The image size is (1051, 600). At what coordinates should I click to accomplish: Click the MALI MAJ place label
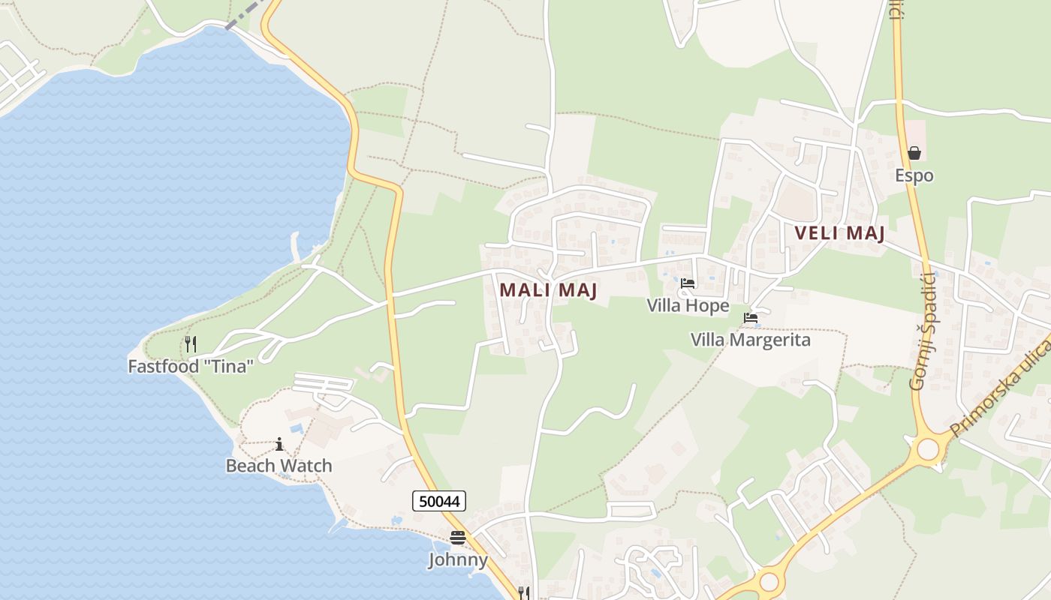point(548,290)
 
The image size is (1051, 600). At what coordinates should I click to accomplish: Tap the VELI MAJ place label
point(840,233)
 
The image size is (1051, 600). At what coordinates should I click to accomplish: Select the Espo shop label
point(914,175)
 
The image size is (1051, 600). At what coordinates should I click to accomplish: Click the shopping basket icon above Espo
point(914,153)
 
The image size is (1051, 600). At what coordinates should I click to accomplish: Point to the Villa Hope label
point(688,306)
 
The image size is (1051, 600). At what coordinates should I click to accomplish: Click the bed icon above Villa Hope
point(687,283)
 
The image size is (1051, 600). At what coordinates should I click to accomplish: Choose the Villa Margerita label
point(750,340)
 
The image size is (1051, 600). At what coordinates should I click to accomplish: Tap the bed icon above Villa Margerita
point(750,318)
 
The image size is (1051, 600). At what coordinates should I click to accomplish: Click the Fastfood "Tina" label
point(191,367)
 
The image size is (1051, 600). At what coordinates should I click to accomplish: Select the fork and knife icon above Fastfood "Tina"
point(191,344)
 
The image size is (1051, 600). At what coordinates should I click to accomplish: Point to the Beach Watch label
point(279,466)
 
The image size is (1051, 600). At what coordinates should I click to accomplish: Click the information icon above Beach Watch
point(279,444)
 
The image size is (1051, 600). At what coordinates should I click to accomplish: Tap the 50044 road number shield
point(439,501)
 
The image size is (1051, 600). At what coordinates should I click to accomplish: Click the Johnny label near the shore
point(458,559)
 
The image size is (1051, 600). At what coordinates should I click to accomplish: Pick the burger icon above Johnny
point(458,538)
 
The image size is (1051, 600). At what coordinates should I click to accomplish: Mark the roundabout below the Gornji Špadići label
point(929,448)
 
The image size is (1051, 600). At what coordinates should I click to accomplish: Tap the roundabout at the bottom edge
point(769,582)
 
